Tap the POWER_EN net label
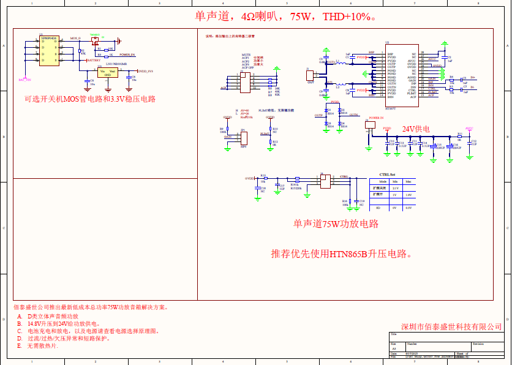pos(127,55)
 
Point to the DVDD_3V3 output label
pos(145,72)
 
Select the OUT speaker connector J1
pos(310,75)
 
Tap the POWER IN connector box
pos(370,124)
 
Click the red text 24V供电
pos(416,129)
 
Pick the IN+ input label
pos(472,78)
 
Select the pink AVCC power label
pos(470,129)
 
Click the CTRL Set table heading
pos(388,175)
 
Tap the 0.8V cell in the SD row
pos(408,208)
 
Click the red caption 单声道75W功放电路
pos(336,224)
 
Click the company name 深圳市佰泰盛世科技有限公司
pos(451,326)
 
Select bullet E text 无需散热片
pos(42,346)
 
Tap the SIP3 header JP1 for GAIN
pos(243,139)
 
